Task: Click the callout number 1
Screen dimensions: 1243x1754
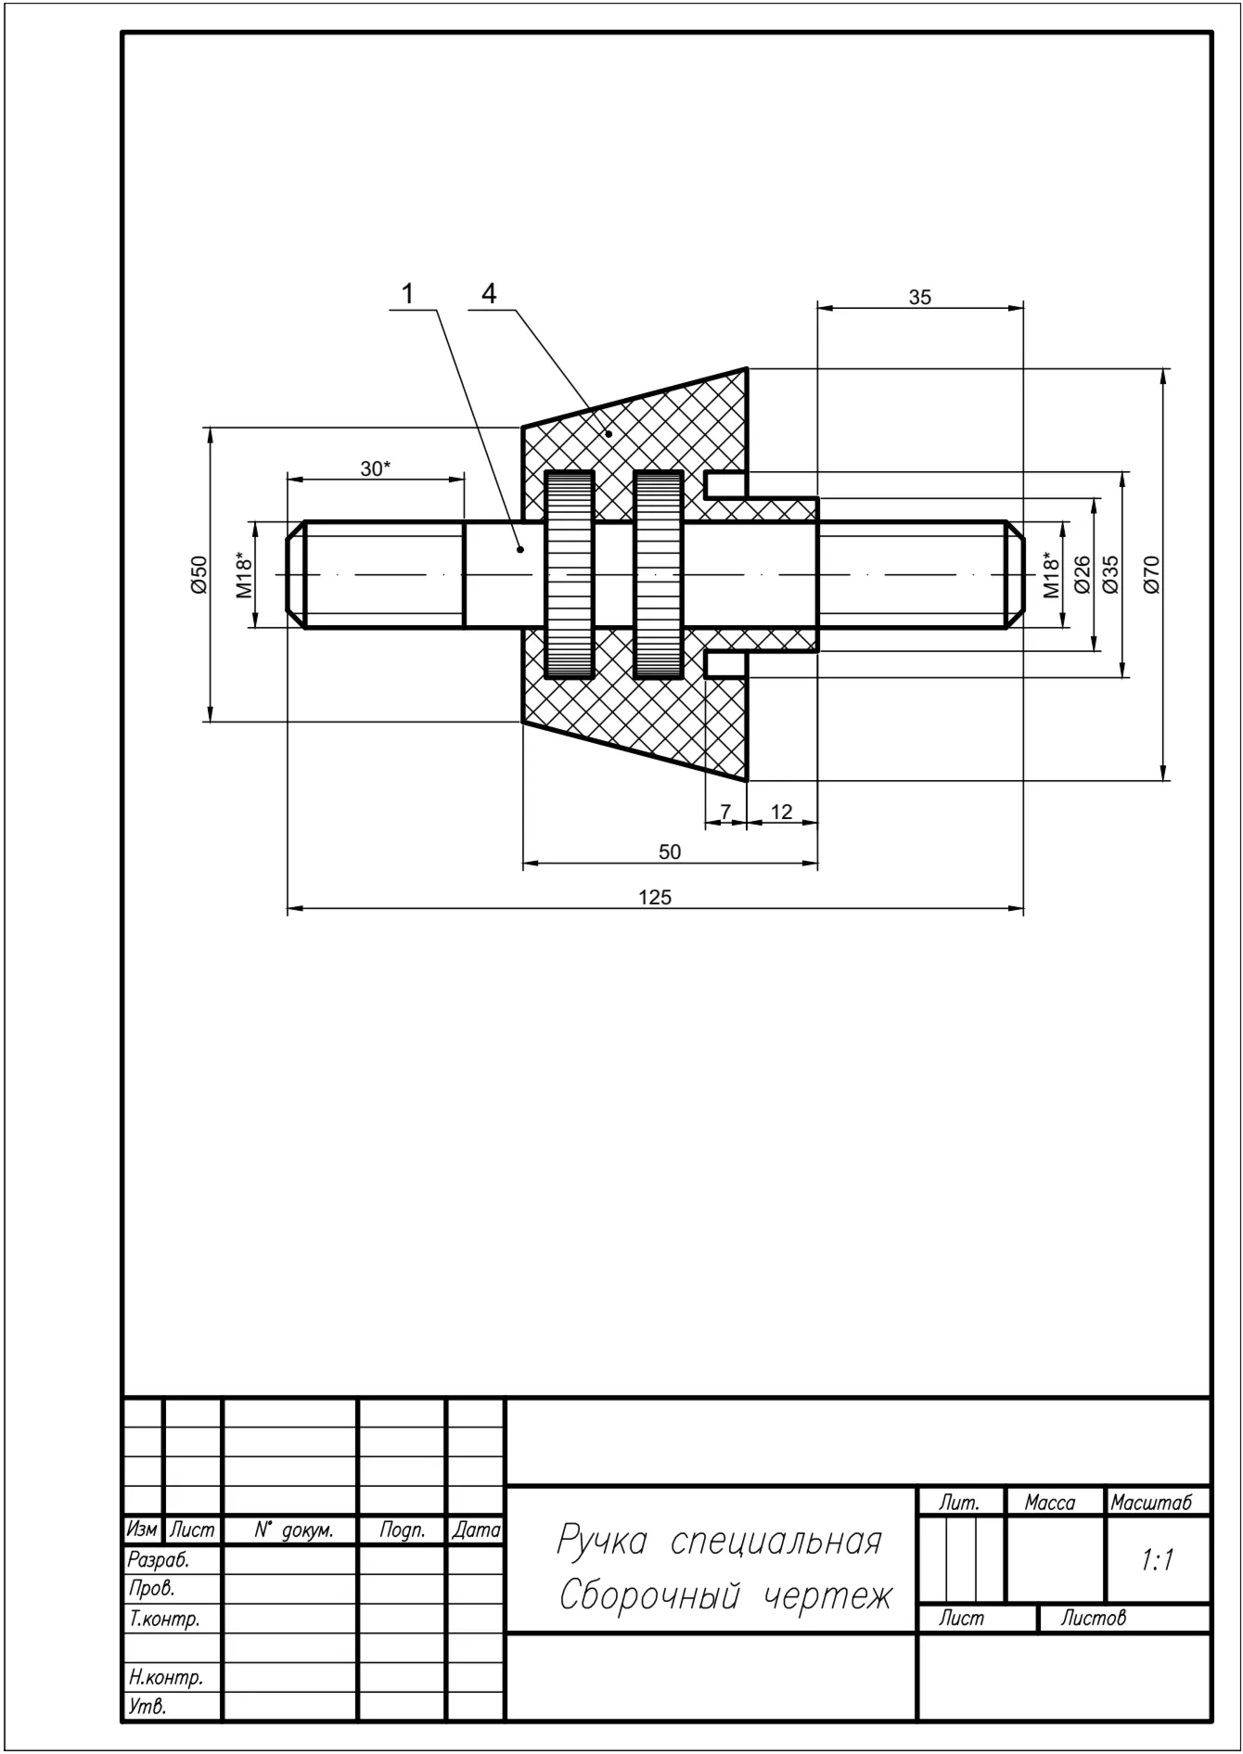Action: (x=406, y=294)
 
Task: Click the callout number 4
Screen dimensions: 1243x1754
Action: (x=489, y=294)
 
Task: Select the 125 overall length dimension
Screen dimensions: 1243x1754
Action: (x=655, y=898)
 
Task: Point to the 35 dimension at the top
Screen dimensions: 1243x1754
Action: (x=919, y=298)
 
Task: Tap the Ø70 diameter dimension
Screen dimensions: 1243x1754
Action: (x=1152, y=574)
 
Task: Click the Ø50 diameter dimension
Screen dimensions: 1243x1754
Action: (x=199, y=574)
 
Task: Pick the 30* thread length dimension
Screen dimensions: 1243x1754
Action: (x=376, y=469)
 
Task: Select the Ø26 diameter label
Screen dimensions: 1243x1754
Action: (x=1081, y=574)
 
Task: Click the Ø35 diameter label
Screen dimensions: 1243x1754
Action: (x=1110, y=574)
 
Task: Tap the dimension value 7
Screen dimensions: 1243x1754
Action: (x=726, y=812)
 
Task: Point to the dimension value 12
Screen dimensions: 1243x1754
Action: (x=782, y=812)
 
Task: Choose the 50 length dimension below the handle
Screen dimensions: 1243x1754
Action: (x=670, y=852)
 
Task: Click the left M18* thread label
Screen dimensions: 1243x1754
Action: (x=244, y=574)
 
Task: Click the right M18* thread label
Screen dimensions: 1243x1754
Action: (x=1051, y=574)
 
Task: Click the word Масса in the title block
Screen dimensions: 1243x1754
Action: (x=1050, y=1503)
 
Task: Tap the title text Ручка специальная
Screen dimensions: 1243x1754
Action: (x=719, y=1542)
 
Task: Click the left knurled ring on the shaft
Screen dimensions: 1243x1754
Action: (x=570, y=574)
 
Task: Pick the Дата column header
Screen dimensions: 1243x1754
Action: (x=476, y=1530)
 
